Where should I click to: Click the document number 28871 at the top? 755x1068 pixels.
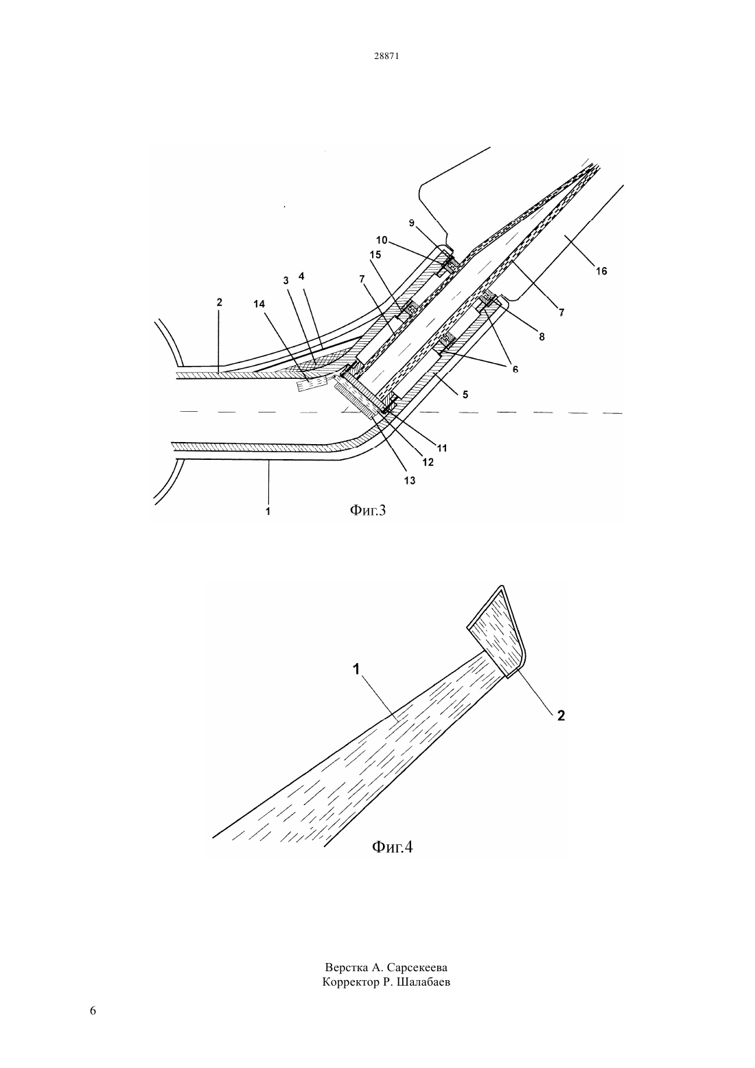386,56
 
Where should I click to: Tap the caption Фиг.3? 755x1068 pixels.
367,510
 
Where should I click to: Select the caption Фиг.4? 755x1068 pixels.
392,847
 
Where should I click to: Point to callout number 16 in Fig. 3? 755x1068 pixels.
601,271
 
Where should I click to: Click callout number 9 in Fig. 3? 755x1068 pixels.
412,222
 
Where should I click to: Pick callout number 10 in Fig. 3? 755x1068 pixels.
382,240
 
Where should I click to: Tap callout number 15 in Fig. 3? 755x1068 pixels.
375,255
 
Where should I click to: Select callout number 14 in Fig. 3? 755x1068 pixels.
259,303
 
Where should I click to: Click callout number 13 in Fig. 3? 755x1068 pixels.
410,480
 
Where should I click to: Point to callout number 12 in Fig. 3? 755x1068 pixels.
428,462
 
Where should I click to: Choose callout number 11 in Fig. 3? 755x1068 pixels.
442,448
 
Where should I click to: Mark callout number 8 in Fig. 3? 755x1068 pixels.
542,336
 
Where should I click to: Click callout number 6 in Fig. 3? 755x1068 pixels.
515,369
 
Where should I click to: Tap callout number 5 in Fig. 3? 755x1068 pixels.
465,394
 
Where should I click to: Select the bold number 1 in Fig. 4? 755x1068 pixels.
356,669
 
